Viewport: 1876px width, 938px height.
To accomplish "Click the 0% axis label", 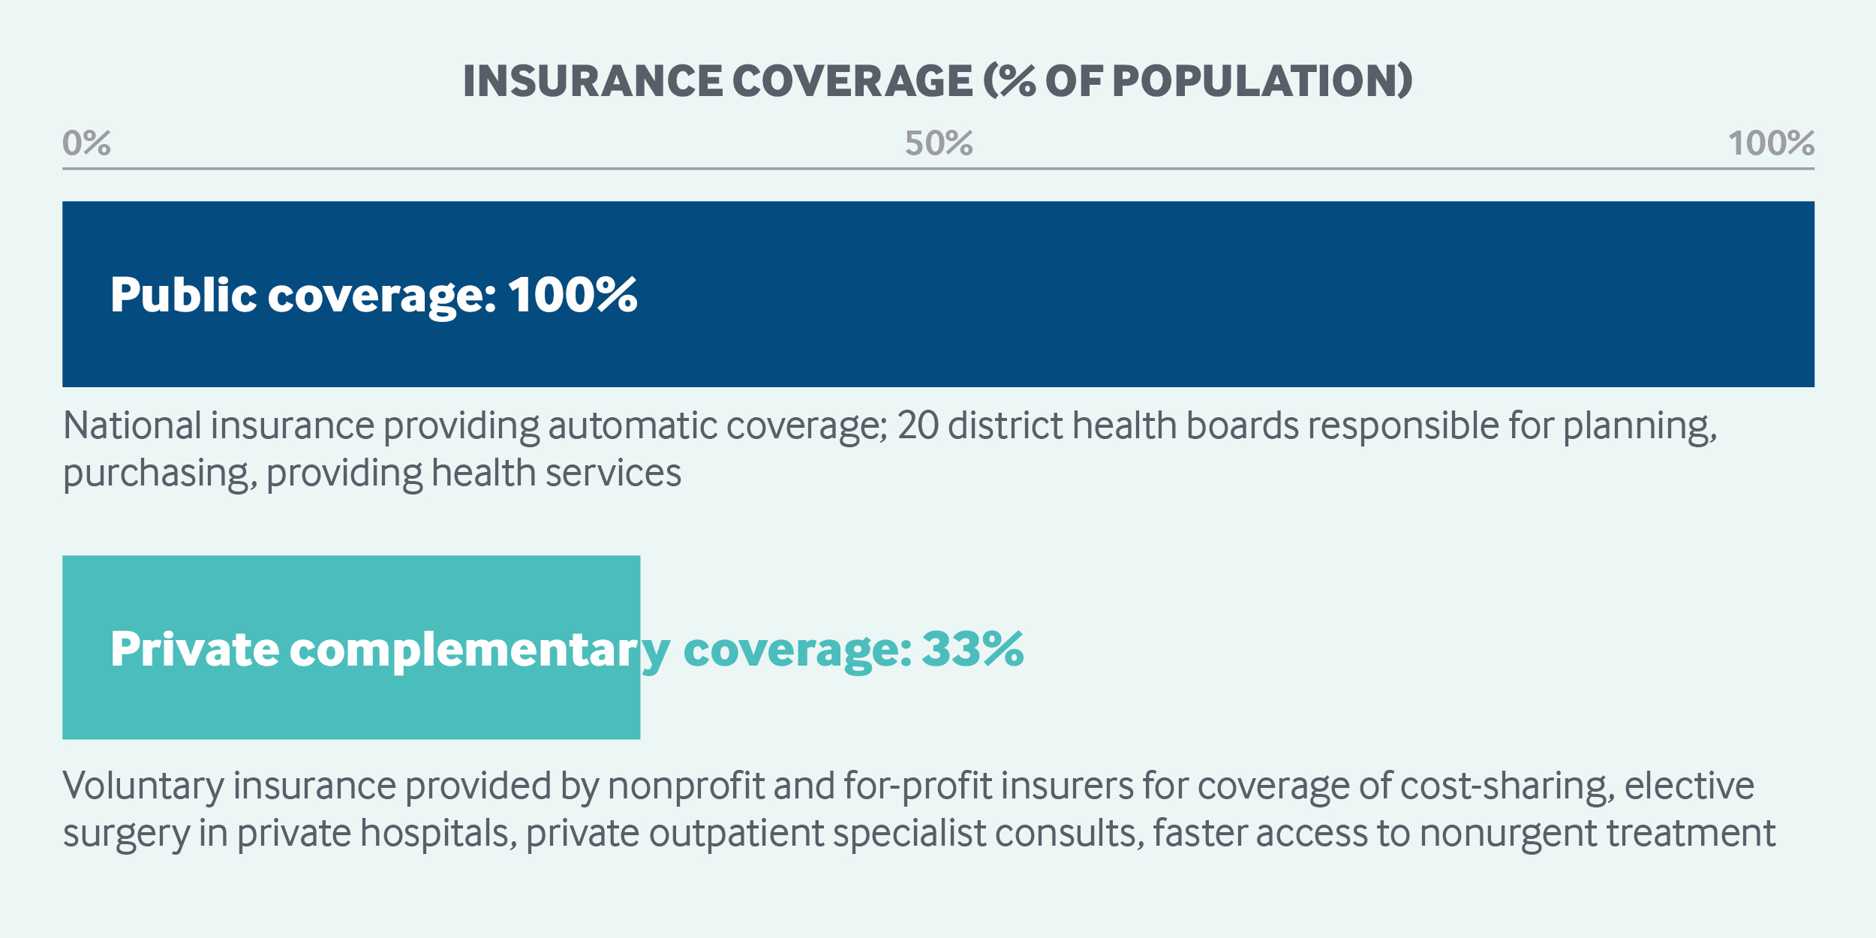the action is point(86,143).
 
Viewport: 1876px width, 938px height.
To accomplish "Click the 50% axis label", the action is point(939,143).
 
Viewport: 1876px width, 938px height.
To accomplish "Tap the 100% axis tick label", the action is point(1771,143).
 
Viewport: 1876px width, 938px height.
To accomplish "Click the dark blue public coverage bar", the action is point(938,294).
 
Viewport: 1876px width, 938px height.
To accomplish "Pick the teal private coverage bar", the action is point(351,648).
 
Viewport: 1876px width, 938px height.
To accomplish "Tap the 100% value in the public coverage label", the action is point(573,294).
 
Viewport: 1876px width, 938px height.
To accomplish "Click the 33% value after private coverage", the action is point(973,648).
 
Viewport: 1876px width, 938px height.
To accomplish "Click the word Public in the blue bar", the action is point(184,294).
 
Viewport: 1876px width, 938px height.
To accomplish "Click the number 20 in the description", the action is point(918,425).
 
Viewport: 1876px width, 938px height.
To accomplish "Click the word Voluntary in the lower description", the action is point(143,786).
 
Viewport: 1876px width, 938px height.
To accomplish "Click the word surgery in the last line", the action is point(126,834).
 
